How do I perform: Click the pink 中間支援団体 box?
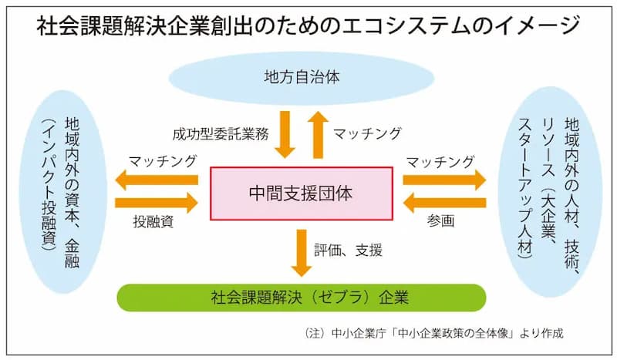pos(302,193)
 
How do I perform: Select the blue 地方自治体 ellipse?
pos(302,78)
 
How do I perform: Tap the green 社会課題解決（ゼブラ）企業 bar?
pos(302,298)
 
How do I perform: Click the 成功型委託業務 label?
pos(221,134)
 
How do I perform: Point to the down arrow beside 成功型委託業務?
pos(285,134)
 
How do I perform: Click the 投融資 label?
pos(153,221)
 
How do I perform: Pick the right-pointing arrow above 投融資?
pos(157,203)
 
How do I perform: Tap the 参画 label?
pos(440,220)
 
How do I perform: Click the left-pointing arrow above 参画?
pos(445,203)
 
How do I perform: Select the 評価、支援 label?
pos(348,251)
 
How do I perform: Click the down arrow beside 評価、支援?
pos(302,253)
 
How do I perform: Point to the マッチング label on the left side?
pos(162,161)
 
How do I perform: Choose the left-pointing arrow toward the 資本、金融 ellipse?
pos(157,180)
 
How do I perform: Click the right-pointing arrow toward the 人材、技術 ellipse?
pos(445,180)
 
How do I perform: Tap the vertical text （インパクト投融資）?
pos(49,184)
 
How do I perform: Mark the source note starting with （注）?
pos(433,333)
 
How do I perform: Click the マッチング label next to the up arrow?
pos(367,133)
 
